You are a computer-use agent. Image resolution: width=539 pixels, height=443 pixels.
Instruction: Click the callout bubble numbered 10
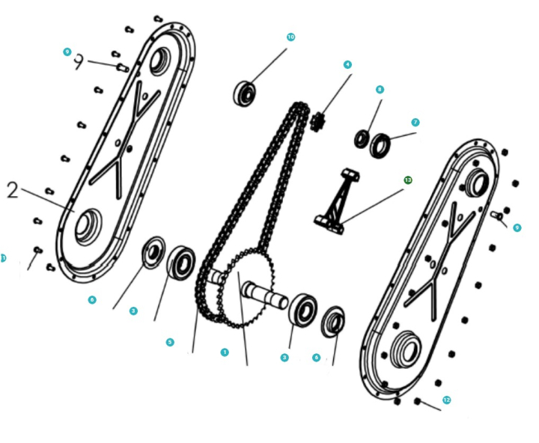pyautogui.click(x=291, y=37)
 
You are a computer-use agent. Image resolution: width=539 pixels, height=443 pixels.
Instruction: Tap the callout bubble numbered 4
pyautogui.click(x=347, y=65)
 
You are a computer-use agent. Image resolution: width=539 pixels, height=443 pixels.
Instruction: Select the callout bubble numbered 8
pyautogui.click(x=380, y=89)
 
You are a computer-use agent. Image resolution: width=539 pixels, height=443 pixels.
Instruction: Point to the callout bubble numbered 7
pyautogui.click(x=415, y=122)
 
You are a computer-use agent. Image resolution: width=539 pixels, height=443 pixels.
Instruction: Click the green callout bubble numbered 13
pyautogui.click(x=408, y=180)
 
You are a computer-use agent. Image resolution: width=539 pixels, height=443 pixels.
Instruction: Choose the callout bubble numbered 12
pyautogui.click(x=447, y=400)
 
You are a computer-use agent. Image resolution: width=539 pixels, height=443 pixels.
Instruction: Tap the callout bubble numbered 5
pyautogui.click(x=170, y=342)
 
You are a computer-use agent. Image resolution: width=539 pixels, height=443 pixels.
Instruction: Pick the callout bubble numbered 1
pyautogui.click(x=224, y=351)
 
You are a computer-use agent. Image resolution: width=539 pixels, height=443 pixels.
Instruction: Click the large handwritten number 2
pyautogui.click(x=12, y=189)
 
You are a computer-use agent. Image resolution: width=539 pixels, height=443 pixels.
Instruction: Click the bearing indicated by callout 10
pyautogui.click(x=245, y=94)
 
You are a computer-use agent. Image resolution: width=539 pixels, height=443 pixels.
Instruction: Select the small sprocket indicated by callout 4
pyautogui.click(x=318, y=120)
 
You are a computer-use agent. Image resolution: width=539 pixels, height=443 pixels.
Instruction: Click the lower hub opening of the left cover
pyautogui.click(x=88, y=224)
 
